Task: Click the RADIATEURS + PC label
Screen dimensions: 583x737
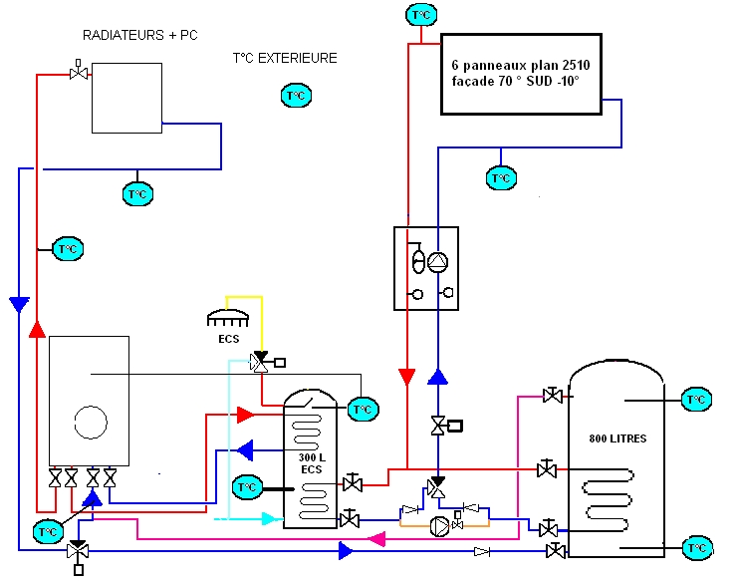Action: pos(139,36)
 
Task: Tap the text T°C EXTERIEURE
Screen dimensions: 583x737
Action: pos(285,59)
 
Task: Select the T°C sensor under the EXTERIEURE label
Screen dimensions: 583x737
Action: pos(296,96)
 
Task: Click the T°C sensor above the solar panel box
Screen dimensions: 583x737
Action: pos(421,15)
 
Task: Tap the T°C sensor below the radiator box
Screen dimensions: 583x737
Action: pos(137,193)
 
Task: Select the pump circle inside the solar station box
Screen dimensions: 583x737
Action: pos(437,263)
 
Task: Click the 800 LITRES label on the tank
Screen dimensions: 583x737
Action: pos(617,438)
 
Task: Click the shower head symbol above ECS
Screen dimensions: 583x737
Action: pos(228,320)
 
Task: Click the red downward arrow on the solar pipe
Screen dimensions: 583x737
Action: pos(406,377)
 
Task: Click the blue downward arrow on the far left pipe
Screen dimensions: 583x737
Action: pos(19,304)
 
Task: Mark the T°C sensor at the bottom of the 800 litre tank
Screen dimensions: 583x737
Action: pos(697,547)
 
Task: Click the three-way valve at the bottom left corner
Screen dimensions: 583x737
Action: pos(78,551)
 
